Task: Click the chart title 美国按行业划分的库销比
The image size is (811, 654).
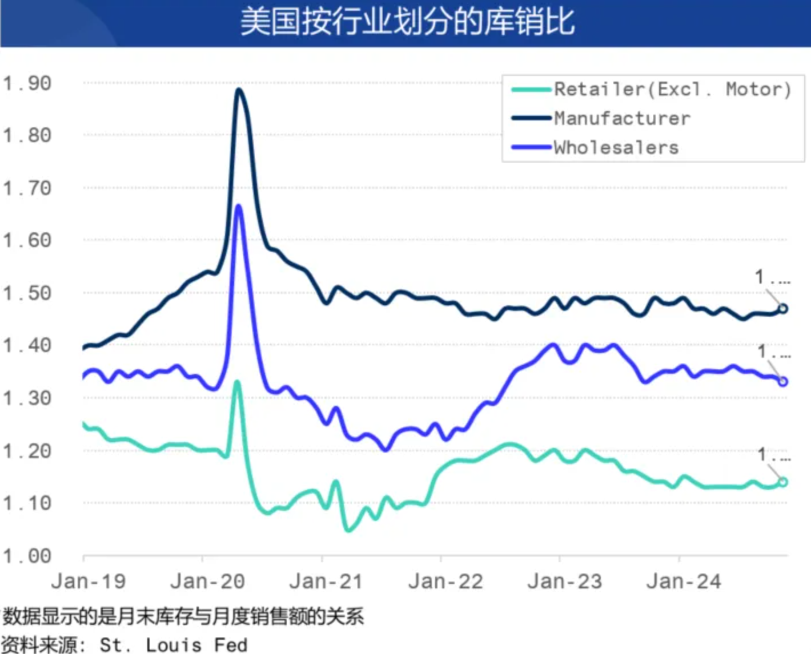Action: click(407, 23)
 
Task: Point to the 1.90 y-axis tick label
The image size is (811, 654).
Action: click(27, 83)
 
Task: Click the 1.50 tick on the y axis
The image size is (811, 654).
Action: click(27, 293)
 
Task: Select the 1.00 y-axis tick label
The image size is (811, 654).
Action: click(27, 556)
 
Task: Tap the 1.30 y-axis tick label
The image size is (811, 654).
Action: click(27, 398)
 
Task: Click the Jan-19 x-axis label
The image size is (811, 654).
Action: click(88, 582)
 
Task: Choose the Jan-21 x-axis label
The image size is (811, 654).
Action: click(326, 582)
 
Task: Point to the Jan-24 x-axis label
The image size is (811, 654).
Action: click(683, 582)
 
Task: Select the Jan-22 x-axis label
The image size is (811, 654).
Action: click(445, 582)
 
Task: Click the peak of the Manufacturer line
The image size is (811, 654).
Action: click(239, 90)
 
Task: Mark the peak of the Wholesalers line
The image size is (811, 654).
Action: click(239, 206)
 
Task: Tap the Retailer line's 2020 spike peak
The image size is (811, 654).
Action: click(236, 382)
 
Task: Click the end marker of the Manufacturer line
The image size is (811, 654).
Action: click(782, 309)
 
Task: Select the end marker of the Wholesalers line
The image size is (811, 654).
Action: click(782, 381)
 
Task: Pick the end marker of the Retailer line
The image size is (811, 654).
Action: click(782, 482)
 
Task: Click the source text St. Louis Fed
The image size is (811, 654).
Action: click(174, 645)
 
